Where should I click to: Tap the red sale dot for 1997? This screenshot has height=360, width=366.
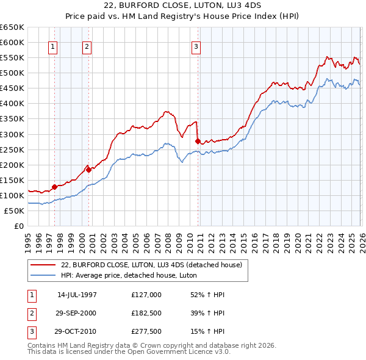pyautogui.click(x=54, y=187)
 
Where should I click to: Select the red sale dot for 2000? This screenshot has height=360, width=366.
pyautogui.click(x=89, y=170)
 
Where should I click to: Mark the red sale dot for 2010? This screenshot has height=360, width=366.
pyautogui.click(x=198, y=141)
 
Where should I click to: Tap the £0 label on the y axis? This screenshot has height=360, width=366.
pyautogui.click(x=18, y=226)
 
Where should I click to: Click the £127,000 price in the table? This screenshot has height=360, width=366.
pyautogui.click(x=146, y=294)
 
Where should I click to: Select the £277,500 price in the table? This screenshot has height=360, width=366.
pyautogui.click(x=146, y=332)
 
